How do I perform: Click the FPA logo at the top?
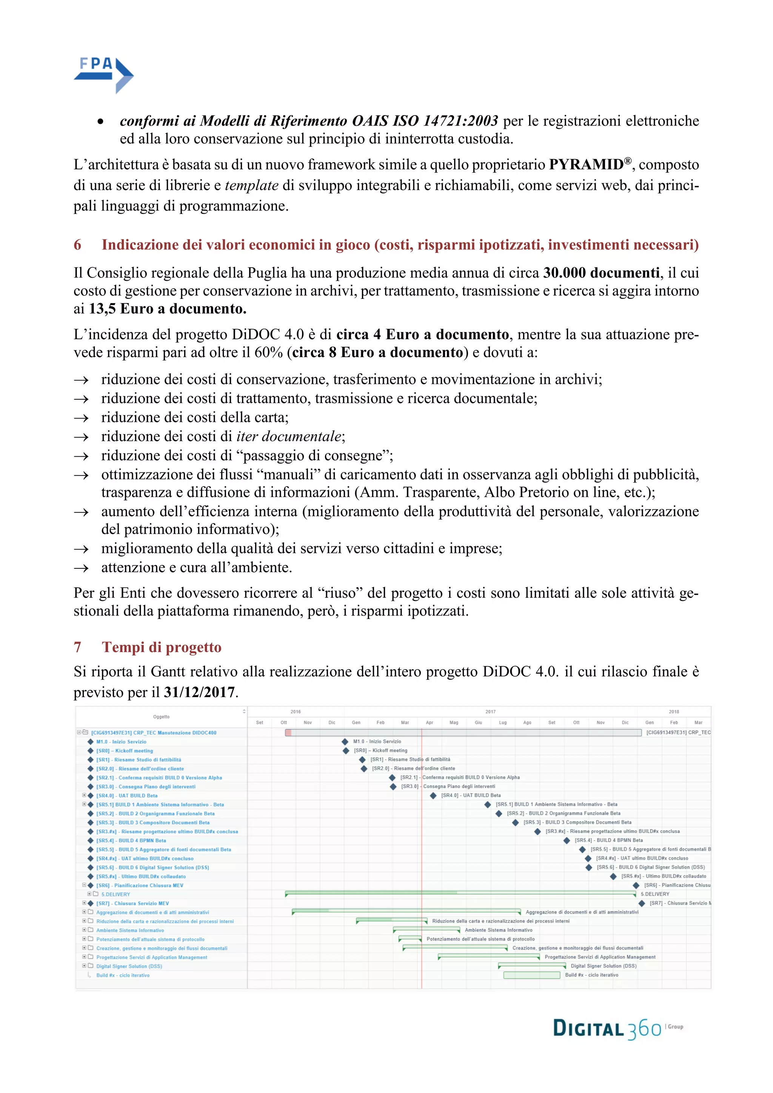(103, 75)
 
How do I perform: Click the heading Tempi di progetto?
(162, 647)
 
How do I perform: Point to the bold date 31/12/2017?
(199, 692)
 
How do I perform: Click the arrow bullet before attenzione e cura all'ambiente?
(82, 568)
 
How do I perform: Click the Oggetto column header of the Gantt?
(162, 716)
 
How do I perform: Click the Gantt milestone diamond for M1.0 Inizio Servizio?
(345, 742)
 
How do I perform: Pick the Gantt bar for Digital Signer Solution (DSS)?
(532, 966)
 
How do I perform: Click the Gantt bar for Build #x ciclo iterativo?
(532, 975)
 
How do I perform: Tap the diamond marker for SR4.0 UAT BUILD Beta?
(433, 796)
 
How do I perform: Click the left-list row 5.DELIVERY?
(115, 894)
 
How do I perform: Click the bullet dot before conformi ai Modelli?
(100, 122)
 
